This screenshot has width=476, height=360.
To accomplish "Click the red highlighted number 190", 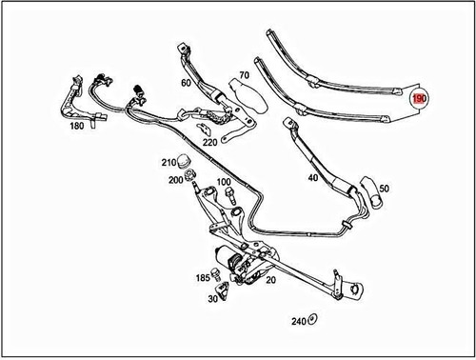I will pos(420,98).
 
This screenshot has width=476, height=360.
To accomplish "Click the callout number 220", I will pos(208,143).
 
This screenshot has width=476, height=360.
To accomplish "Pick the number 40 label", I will pos(312,178).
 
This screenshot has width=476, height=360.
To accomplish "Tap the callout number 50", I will pos(385,190).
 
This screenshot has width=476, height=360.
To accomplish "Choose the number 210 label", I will pos(168,161).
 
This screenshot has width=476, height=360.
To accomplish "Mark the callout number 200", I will pos(175,179).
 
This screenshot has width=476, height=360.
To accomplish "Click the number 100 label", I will pos(223,181).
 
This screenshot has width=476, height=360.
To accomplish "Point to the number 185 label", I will pos(203,278).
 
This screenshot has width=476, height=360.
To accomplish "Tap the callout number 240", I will pos(297,321).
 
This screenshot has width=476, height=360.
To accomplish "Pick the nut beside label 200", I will pos(191,176).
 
